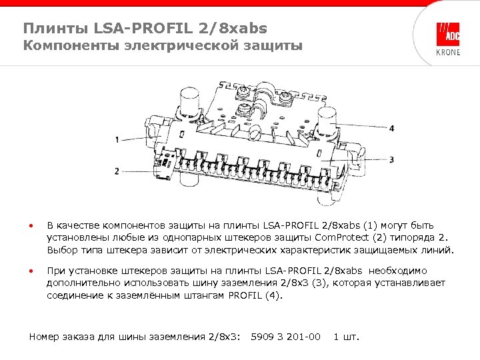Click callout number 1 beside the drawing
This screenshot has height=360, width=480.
click(x=117, y=140)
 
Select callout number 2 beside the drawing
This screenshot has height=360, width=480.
click(x=117, y=171)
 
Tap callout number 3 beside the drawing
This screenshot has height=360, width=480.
click(x=392, y=160)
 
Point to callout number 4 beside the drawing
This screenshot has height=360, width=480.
click(x=392, y=128)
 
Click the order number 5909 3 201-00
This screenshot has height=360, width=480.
click(x=285, y=336)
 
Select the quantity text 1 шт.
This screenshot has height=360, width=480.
click(x=346, y=336)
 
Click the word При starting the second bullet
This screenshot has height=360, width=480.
click(x=55, y=271)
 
